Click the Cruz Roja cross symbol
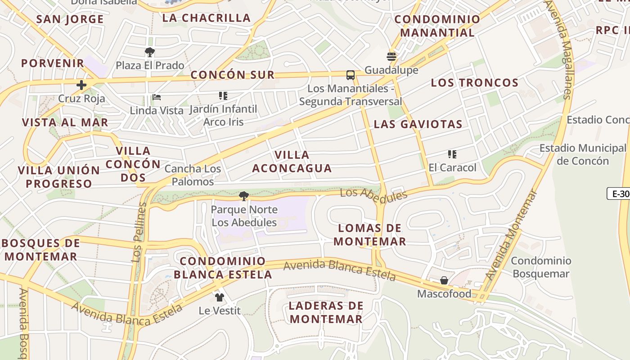tap(81, 85)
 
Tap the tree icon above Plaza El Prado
tap(150, 52)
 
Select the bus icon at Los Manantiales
tap(350, 75)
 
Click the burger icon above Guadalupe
tap(391, 57)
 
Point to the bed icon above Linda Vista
tap(157, 97)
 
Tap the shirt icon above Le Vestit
tap(220, 297)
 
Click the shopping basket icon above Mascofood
tap(444, 280)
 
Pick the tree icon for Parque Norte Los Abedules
tap(244, 196)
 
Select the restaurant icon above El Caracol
tap(452, 154)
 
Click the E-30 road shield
tap(619, 193)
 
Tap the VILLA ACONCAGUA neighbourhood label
tap(292, 162)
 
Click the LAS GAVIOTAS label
tap(418, 124)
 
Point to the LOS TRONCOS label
tap(475, 83)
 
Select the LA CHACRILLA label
tap(207, 18)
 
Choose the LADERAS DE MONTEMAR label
tap(326, 312)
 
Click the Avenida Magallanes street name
tap(559, 49)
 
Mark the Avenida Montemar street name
tap(512, 235)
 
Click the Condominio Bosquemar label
tap(541, 267)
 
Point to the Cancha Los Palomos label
tap(193, 175)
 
